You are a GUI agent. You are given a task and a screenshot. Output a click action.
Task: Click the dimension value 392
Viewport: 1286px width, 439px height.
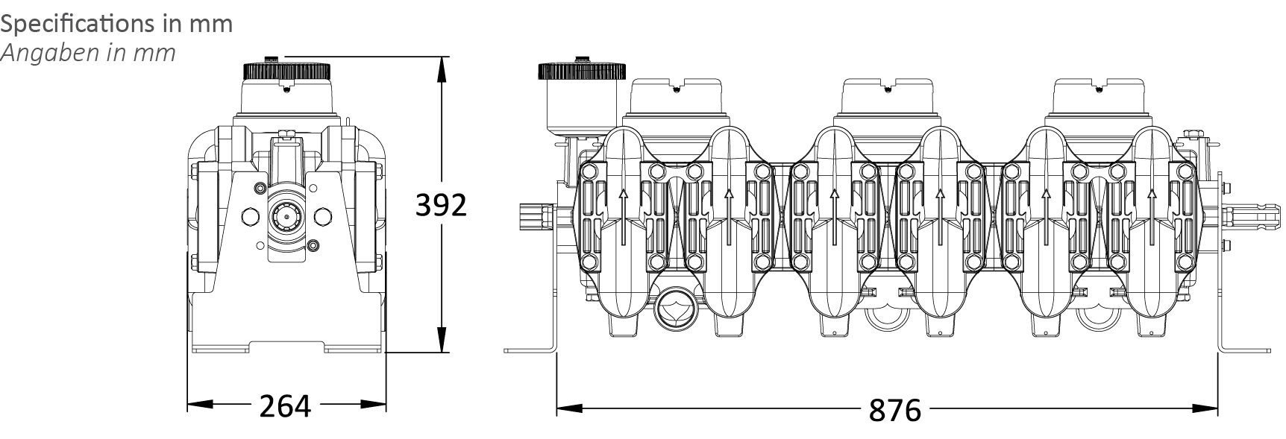(x=441, y=205)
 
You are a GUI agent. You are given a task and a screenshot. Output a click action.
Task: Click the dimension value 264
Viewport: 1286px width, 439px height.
(x=285, y=406)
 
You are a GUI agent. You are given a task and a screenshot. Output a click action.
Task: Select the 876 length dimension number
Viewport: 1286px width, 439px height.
(x=895, y=410)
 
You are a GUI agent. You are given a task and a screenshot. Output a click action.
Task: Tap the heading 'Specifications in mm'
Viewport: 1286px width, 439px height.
(x=116, y=24)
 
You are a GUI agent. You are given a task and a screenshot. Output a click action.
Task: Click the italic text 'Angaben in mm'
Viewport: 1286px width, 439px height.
(x=88, y=53)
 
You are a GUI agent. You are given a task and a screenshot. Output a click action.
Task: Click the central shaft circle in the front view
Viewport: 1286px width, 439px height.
(x=286, y=218)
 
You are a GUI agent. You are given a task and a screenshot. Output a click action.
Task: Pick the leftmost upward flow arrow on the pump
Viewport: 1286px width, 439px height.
(x=623, y=216)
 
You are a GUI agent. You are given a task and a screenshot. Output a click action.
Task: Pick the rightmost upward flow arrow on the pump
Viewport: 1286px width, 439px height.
(x=1151, y=216)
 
